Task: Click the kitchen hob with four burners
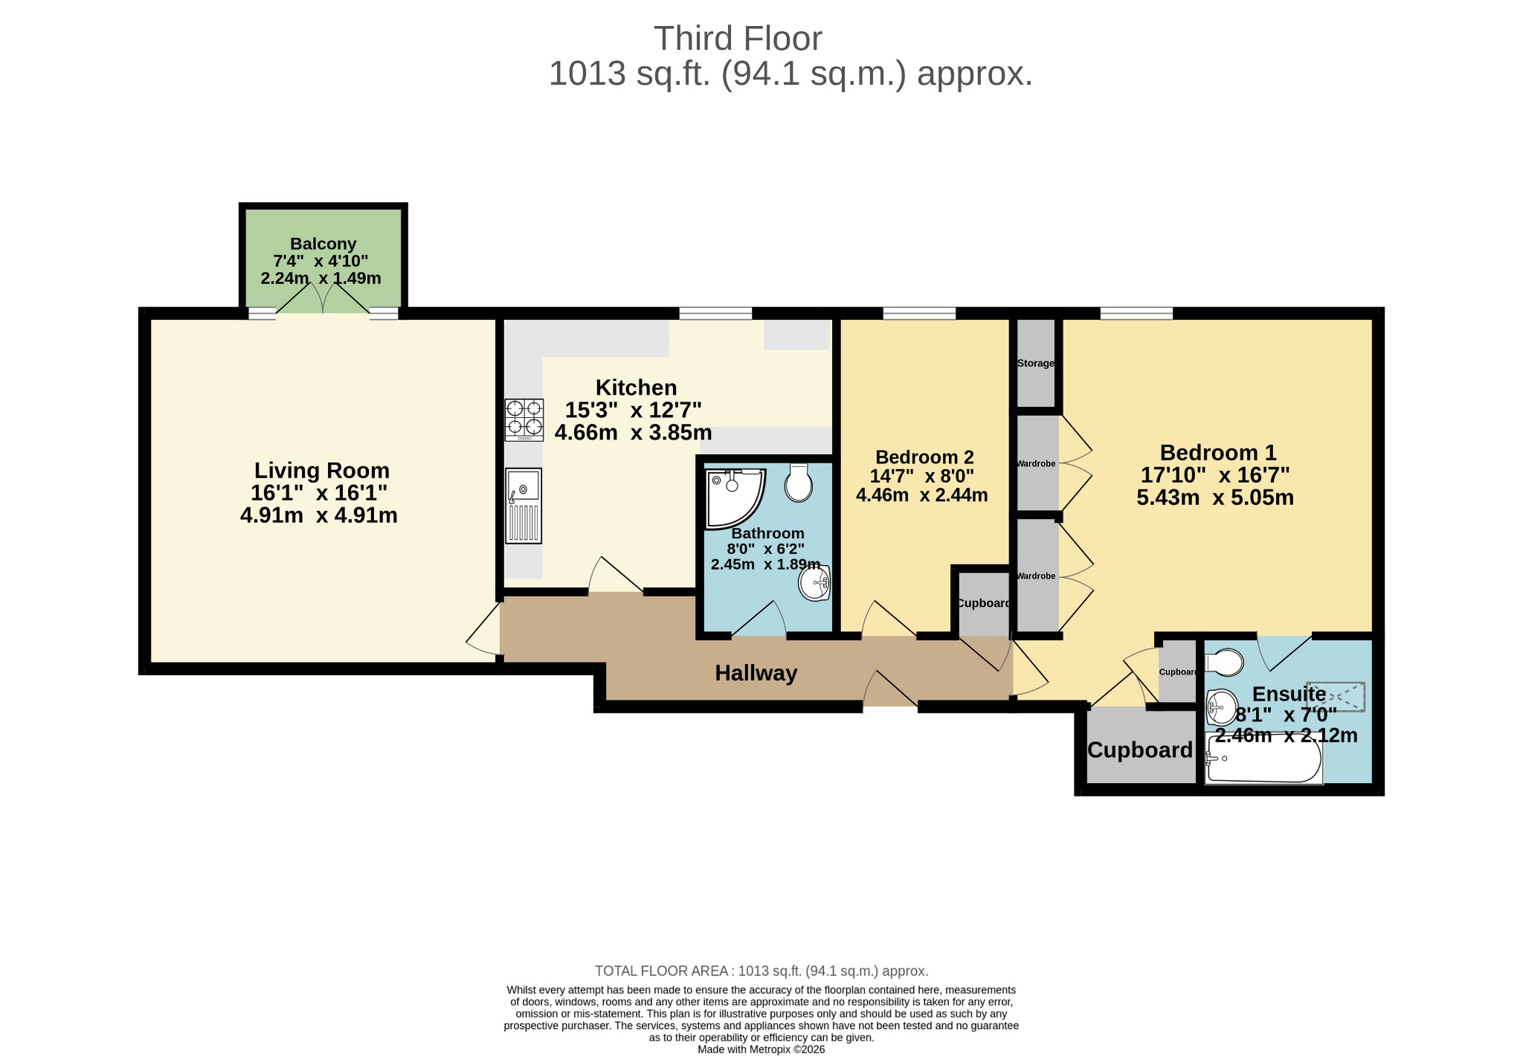(x=524, y=420)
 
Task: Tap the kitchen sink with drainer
(x=524, y=506)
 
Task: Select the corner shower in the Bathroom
(x=734, y=498)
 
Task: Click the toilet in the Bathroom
(x=799, y=483)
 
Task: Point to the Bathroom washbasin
(x=814, y=582)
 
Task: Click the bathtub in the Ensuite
(x=1263, y=759)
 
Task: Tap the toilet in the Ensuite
(x=1223, y=663)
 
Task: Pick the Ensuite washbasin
(x=1222, y=706)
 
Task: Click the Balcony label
(x=323, y=244)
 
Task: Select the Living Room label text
(x=322, y=471)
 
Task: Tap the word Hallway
(x=756, y=673)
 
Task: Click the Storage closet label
(x=1036, y=364)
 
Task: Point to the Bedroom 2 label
(x=924, y=457)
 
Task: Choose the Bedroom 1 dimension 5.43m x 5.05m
(x=1215, y=498)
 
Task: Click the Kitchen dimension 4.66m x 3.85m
(x=634, y=432)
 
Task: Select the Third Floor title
(x=738, y=39)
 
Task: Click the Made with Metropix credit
(x=761, y=1049)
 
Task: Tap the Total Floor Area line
(x=761, y=971)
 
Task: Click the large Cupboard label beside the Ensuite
(x=1140, y=750)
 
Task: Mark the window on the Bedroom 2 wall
(x=919, y=314)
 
